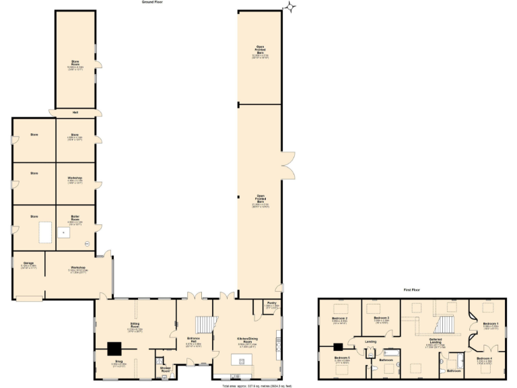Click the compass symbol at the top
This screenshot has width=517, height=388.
290,7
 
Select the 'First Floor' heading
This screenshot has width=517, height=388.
412,290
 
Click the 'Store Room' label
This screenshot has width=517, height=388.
75,63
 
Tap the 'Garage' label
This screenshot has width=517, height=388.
29,263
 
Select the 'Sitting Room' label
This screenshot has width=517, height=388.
134,325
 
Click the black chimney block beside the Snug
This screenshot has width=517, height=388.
115,348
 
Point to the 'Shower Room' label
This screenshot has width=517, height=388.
165,368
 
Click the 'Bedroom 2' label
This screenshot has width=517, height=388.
340,318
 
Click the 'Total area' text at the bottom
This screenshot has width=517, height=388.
258,386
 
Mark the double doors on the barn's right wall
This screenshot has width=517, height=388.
288,165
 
